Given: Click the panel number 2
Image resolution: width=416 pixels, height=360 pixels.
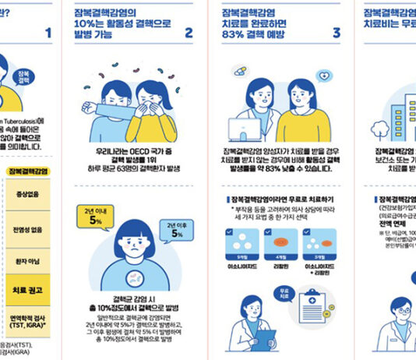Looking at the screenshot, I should click(188, 33).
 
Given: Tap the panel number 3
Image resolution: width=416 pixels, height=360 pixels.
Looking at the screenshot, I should click(336, 33).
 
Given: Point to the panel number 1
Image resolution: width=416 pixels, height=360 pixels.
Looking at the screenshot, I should click(48, 33).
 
